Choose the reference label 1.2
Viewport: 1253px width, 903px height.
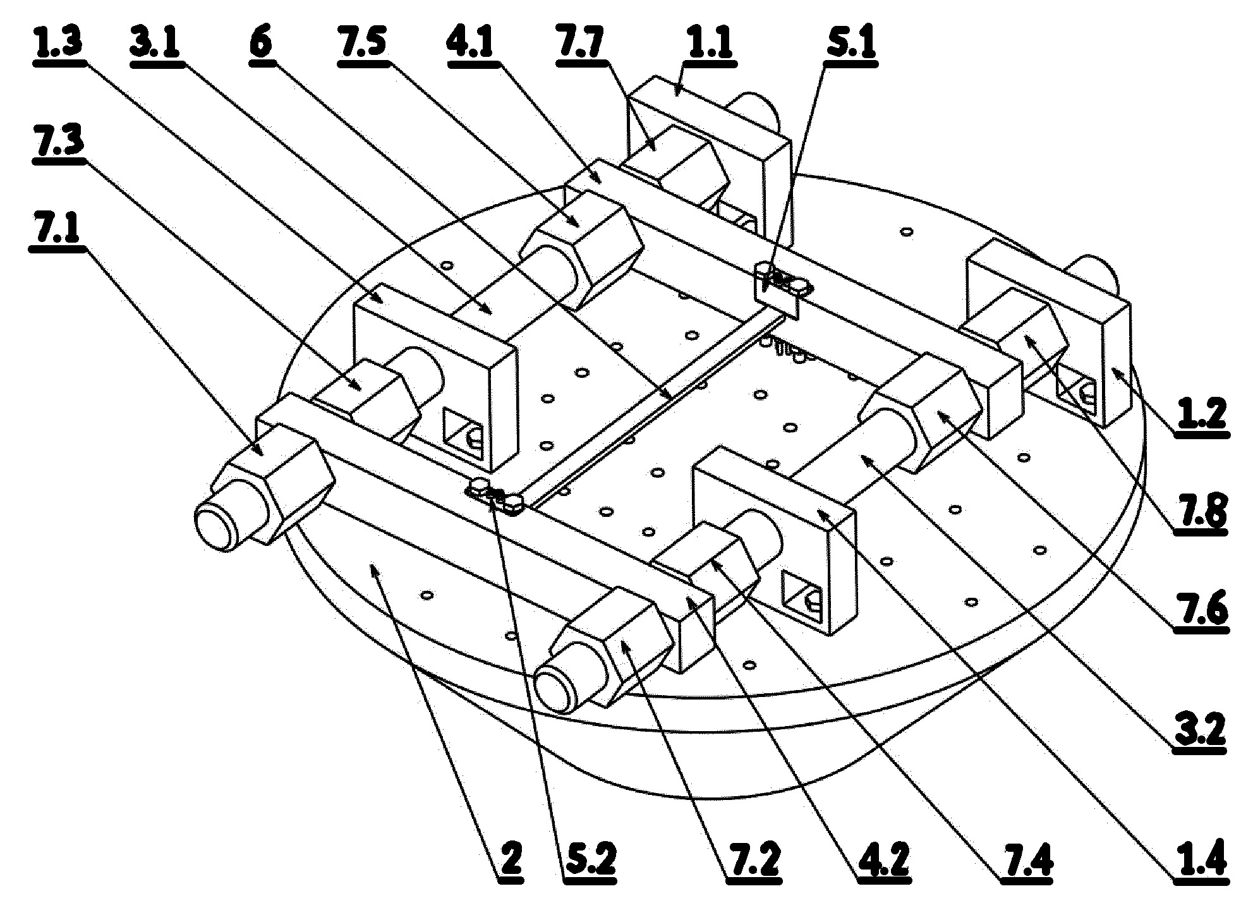[x=1200, y=414]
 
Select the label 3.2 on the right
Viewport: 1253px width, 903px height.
[x=1200, y=730]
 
